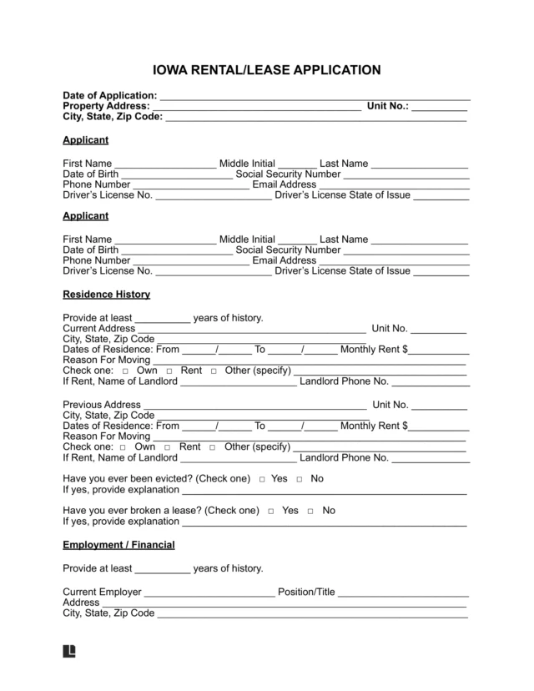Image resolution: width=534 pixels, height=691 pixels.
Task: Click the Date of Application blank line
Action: (x=315, y=97)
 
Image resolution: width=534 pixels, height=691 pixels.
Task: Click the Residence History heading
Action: (x=106, y=295)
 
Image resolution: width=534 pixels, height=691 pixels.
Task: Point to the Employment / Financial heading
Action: (x=118, y=545)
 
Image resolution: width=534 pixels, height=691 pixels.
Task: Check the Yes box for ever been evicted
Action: (x=262, y=480)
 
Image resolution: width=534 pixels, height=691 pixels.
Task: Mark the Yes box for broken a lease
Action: (x=273, y=511)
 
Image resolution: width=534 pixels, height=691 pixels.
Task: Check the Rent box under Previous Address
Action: (x=169, y=447)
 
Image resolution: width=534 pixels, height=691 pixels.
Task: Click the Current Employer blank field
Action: (x=209, y=593)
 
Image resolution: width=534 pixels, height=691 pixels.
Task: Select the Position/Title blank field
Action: (x=402, y=593)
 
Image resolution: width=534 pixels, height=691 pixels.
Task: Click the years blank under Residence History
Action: (x=162, y=319)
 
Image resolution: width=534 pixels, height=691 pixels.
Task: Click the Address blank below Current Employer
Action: (x=285, y=603)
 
